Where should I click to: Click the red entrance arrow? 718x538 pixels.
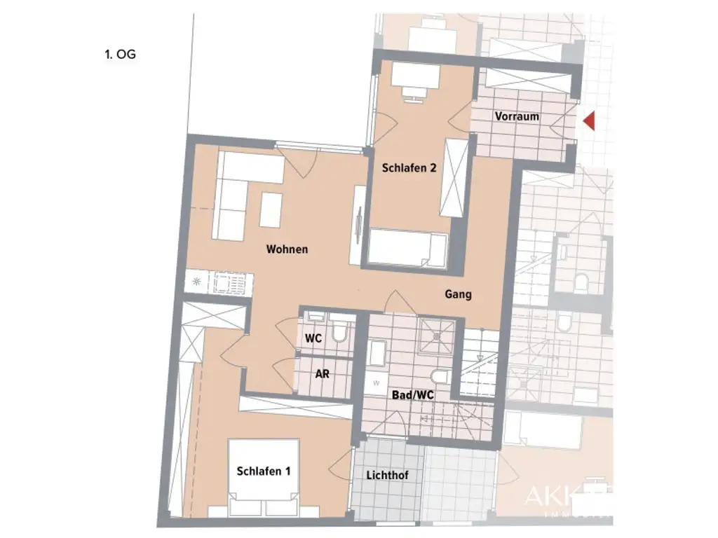point(589,121)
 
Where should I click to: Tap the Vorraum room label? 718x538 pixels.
point(517,116)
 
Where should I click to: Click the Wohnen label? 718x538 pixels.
point(287,249)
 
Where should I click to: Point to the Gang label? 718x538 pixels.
point(458,294)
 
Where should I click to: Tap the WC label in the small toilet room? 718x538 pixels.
point(313,338)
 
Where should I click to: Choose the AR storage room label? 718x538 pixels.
point(322,374)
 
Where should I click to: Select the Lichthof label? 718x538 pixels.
point(387,476)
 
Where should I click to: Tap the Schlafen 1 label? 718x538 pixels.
point(263,471)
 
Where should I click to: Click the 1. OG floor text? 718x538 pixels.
point(120,54)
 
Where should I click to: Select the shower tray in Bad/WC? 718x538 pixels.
point(437,336)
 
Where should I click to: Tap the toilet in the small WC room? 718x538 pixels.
point(341,332)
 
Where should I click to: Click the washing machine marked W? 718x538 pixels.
point(376,383)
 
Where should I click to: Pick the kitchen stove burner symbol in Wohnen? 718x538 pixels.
point(196,282)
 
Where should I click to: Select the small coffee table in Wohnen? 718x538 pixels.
point(271,209)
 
